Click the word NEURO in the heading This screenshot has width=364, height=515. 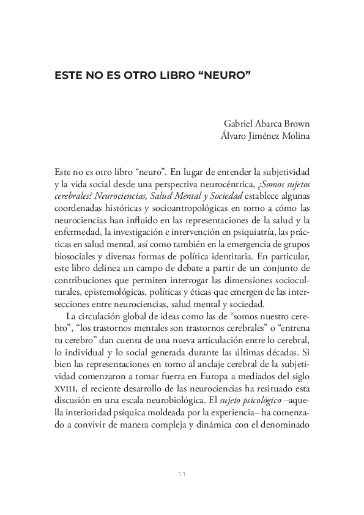[x=229, y=78]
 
